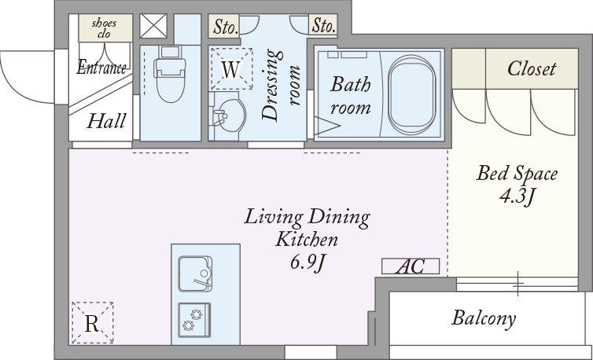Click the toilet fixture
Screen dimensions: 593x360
[x=170, y=75]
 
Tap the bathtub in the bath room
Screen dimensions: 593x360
[x=411, y=94]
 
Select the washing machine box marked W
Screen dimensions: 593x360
[x=231, y=69]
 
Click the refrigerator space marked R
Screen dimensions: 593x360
[x=92, y=323]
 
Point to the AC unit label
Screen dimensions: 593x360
[x=411, y=266]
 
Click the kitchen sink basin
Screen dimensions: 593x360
[x=195, y=274]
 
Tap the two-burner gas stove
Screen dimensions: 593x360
[x=194, y=320]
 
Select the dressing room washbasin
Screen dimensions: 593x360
[x=227, y=116]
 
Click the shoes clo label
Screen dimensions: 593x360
[x=105, y=28]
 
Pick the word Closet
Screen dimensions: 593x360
[x=532, y=69]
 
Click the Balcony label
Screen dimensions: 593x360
[x=484, y=318]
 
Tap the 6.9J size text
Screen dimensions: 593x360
[x=308, y=263]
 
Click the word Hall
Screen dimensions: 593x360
[x=106, y=121]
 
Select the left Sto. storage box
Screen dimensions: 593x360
[x=224, y=26]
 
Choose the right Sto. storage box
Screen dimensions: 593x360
[x=323, y=26]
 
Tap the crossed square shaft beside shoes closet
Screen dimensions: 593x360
[x=153, y=26]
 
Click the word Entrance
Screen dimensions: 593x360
[x=101, y=68]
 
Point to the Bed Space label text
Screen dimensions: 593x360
[x=517, y=174]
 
